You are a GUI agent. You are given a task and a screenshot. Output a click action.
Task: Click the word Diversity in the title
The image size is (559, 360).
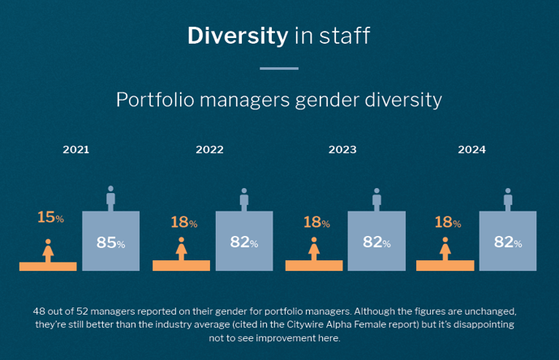[238, 36]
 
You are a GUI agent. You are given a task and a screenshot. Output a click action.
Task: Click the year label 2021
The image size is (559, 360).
[76, 150]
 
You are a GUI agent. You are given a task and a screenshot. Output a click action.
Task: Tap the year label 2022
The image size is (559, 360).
[209, 150]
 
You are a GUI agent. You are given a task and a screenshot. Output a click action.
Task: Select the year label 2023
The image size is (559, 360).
[342, 150]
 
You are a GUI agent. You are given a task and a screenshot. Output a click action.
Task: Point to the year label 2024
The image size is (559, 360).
[471, 150]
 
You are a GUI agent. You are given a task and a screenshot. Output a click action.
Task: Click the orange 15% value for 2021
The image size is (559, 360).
[49, 217]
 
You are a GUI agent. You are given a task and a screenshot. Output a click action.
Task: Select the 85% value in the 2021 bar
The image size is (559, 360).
[111, 242]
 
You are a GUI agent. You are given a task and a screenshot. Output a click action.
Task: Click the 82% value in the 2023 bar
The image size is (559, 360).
[376, 242]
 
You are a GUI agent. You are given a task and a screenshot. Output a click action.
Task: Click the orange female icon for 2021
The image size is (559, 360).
[48, 250]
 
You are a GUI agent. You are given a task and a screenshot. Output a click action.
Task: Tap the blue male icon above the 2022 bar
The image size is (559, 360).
[243, 198]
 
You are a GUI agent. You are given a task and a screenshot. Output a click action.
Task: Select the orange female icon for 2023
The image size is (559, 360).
[314, 250]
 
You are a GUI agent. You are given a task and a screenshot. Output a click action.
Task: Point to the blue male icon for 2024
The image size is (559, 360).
[508, 198]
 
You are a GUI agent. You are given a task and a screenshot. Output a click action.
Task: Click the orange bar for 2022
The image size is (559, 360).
[181, 265]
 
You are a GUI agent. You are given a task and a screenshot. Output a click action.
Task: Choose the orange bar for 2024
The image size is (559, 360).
[445, 265]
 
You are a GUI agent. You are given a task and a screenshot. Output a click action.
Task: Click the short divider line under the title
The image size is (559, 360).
[279, 69]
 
